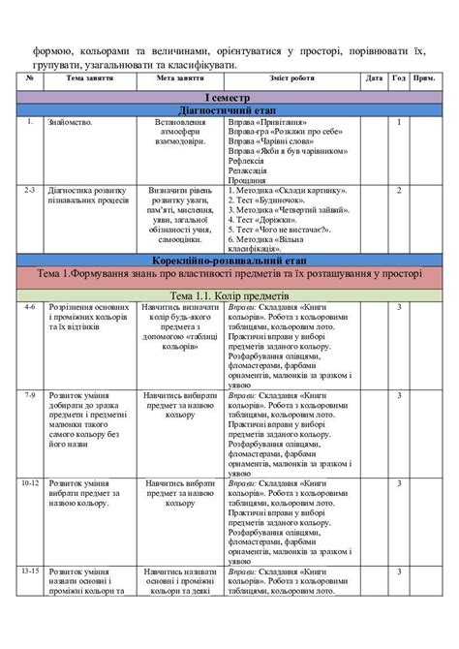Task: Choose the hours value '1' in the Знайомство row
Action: [399, 123]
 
